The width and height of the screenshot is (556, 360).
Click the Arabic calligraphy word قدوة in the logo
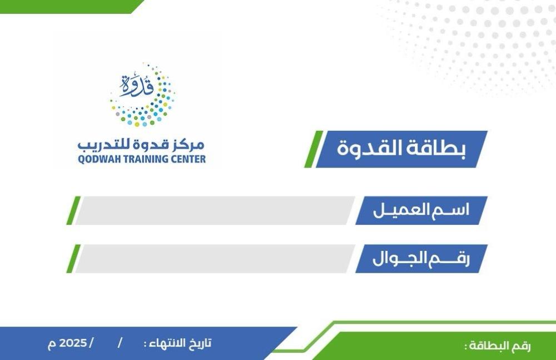tap(137, 85)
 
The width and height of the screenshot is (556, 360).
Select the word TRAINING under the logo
tap(144, 159)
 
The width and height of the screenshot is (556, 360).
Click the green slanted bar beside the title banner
tap(314, 149)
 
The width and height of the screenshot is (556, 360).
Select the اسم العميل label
tap(421, 210)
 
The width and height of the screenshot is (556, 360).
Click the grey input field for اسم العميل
tap(215, 210)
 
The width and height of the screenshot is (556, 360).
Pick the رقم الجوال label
tap(421, 259)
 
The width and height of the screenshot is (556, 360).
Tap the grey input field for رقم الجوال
tap(215, 259)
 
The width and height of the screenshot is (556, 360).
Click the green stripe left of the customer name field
tap(73, 210)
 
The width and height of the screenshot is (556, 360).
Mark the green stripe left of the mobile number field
tap(73, 259)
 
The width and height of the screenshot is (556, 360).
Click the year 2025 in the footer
tap(73, 343)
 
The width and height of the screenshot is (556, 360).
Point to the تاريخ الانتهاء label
tap(178, 343)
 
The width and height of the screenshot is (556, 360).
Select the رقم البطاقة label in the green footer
tap(498, 346)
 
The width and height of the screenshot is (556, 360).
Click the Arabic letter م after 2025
tap(52, 344)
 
